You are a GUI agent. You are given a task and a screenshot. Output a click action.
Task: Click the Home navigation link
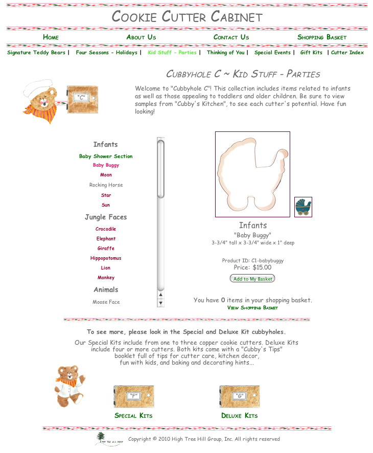tap(51, 37)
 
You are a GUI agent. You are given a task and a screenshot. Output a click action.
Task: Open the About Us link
tap(141, 37)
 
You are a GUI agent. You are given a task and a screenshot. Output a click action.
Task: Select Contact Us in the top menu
tap(231, 37)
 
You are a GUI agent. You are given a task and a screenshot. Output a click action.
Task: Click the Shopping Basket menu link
tap(322, 37)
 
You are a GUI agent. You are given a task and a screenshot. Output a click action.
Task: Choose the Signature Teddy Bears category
tap(36, 53)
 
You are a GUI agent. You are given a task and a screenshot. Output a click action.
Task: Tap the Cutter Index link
tap(347, 53)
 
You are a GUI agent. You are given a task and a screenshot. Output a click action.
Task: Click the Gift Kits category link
tap(311, 53)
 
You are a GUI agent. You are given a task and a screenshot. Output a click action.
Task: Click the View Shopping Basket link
tap(252, 308)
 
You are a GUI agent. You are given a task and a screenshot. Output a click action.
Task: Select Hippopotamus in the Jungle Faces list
tap(106, 258)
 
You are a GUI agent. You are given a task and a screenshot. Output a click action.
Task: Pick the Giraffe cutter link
tap(106, 248)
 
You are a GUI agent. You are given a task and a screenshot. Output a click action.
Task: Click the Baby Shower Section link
tap(106, 156)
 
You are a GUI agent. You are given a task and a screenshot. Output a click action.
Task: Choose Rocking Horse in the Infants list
tap(106, 185)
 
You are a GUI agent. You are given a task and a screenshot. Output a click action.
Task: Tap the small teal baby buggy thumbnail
tap(303, 207)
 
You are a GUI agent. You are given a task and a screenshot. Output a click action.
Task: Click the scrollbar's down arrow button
tap(160, 303)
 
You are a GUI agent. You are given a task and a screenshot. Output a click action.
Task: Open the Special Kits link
tap(133, 416)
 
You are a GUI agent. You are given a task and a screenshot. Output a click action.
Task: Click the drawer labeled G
tap(239, 396)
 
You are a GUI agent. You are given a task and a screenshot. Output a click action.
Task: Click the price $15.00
tap(262, 267)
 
